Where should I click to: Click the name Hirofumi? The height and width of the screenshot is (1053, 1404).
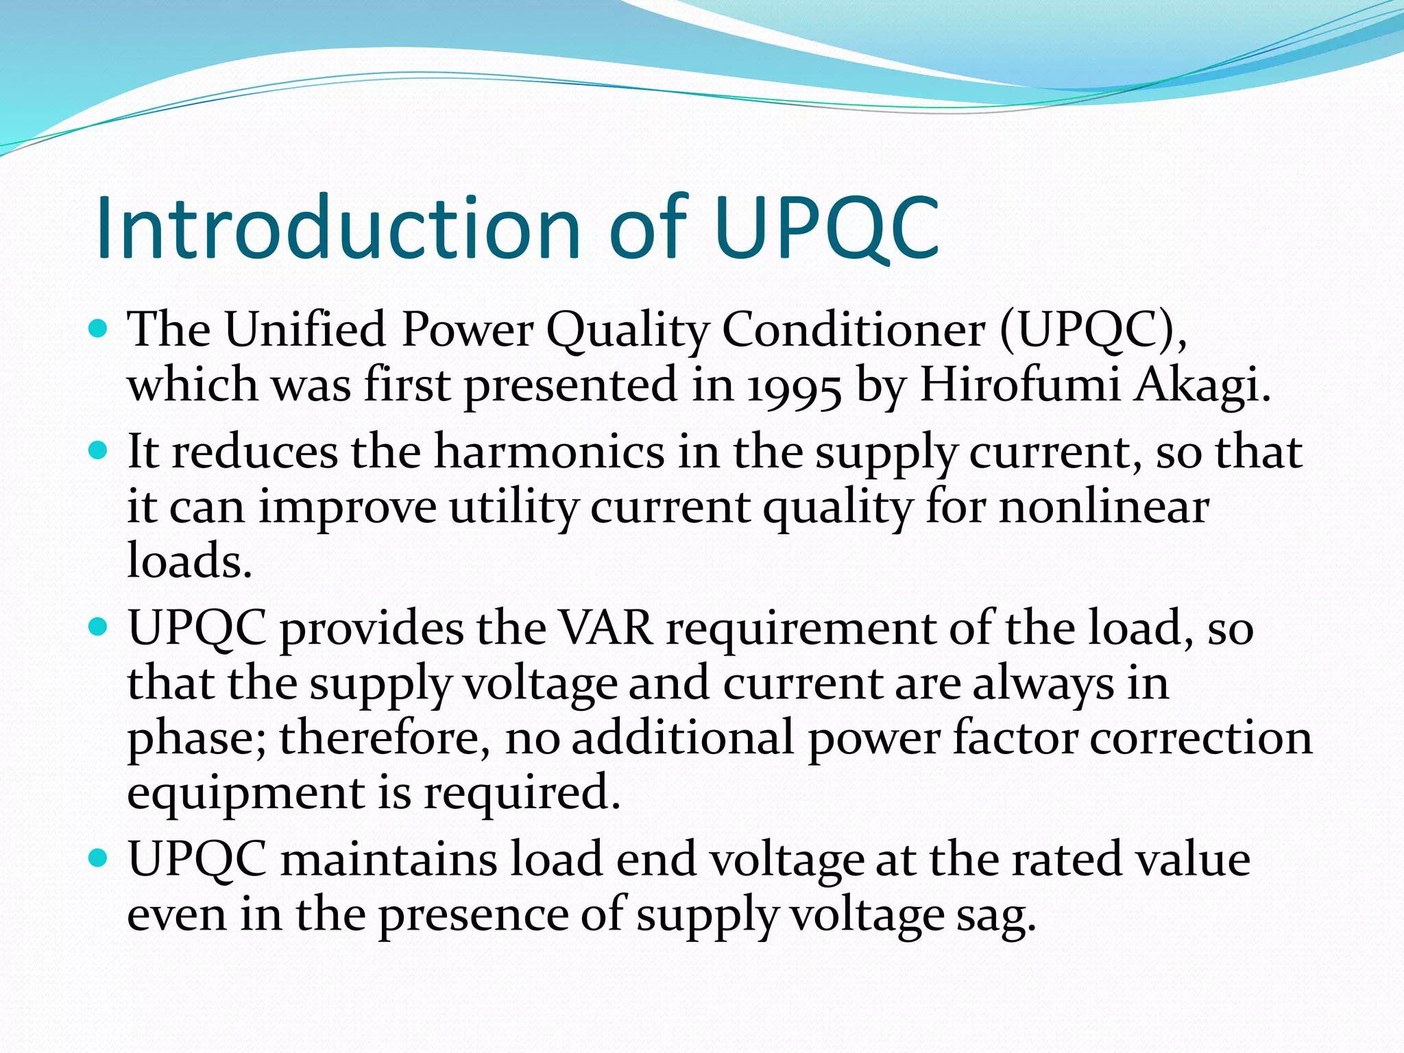1020,384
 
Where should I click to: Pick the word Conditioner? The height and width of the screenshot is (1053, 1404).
854,330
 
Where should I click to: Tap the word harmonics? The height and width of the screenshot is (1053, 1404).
549,452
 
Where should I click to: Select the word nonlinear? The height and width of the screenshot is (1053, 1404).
1104,507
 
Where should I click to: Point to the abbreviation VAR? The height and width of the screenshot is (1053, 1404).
606,628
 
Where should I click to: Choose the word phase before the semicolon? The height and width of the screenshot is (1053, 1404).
196,739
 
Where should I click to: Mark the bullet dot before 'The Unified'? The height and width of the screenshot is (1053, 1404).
99,329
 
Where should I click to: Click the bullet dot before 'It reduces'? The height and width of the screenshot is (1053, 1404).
99,451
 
